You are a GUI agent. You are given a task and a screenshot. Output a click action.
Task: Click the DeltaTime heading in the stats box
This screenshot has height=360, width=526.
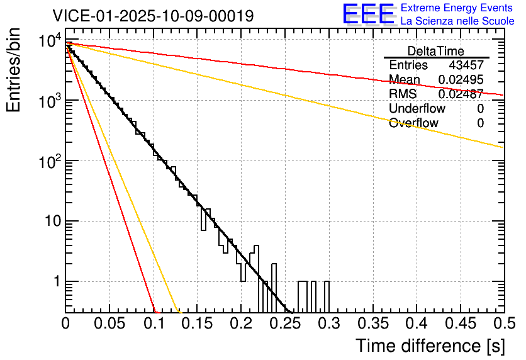(436, 51)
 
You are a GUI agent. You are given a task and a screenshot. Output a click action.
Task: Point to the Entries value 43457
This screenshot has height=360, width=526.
(466, 65)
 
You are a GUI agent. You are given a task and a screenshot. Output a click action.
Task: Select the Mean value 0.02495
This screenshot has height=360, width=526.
(461, 80)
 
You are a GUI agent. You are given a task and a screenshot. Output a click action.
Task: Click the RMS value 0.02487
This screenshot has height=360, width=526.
(461, 94)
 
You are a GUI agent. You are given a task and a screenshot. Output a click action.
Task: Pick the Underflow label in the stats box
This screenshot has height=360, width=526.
(417, 109)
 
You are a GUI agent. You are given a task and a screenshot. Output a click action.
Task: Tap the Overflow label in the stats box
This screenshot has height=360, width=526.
(413, 123)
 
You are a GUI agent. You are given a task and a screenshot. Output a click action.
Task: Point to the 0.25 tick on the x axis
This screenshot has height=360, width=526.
(284, 324)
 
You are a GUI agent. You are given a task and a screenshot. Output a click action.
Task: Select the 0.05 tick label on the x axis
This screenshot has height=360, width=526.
(109, 324)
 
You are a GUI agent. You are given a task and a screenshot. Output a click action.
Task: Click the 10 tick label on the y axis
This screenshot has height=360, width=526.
(52, 222)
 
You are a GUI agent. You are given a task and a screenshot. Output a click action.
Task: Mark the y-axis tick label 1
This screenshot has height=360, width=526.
(56, 282)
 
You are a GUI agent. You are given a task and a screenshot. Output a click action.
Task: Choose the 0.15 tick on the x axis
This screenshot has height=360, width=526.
(197, 324)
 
